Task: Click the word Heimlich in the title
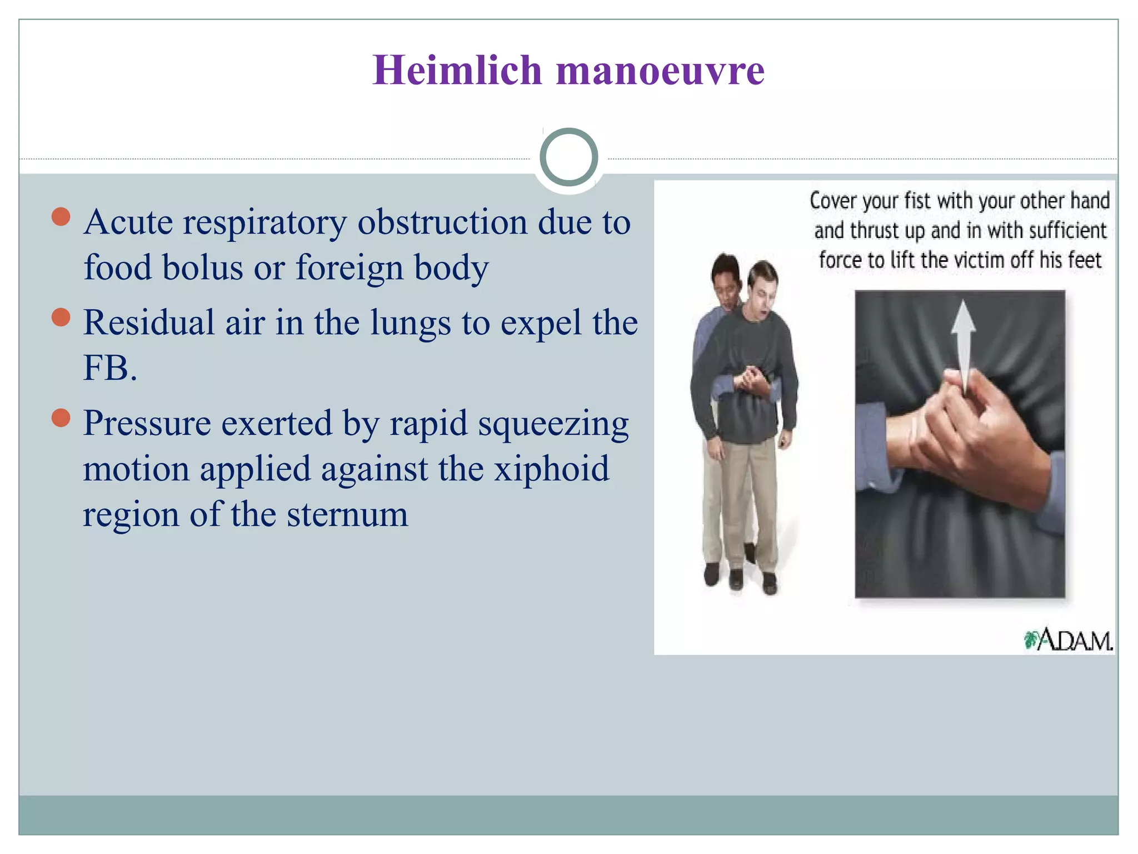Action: pyautogui.click(x=457, y=71)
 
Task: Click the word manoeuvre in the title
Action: pyautogui.click(x=660, y=71)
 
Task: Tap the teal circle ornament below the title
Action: pyautogui.click(x=568, y=157)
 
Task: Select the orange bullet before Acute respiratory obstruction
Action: pyautogui.click(x=61, y=217)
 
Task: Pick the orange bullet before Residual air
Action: pyautogui.click(x=61, y=317)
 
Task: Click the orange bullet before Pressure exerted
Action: pyautogui.click(x=61, y=418)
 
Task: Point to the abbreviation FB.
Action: pyautogui.click(x=109, y=368)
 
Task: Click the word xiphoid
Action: pyautogui.click(x=551, y=468)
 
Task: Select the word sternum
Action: pyautogui.click(x=347, y=514)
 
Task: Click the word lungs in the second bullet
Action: pyautogui.click(x=410, y=322)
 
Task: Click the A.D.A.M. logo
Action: pyautogui.click(x=1068, y=640)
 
